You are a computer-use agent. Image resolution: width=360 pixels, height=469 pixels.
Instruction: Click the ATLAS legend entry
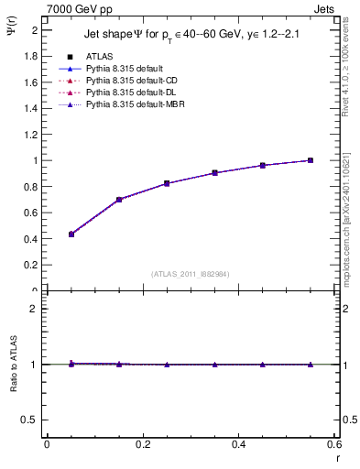[x=98, y=57]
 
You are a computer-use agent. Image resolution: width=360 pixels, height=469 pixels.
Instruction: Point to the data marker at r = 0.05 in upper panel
[x=71, y=234]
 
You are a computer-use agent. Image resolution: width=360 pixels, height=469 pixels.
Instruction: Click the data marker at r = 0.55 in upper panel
[x=311, y=160]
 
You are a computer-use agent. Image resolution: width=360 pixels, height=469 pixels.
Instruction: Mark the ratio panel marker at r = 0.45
[x=263, y=365]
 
